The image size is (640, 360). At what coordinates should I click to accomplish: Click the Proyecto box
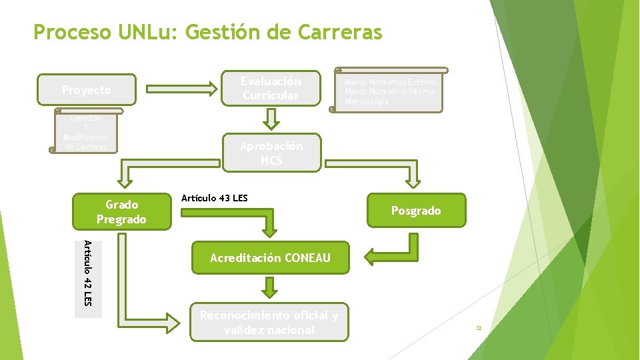(x=87, y=90)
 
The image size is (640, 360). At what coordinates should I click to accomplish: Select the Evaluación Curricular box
(x=271, y=89)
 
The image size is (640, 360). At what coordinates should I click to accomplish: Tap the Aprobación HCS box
(x=271, y=153)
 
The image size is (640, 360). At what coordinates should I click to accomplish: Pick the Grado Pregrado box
(x=121, y=212)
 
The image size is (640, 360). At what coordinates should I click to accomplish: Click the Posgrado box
(x=416, y=211)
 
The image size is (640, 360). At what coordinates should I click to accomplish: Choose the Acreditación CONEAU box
(x=270, y=258)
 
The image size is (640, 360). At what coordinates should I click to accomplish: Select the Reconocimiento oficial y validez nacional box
(x=270, y=323)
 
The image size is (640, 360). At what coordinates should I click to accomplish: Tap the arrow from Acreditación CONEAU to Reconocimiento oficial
(x=269, y=288)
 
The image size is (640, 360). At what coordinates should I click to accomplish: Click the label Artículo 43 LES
(x=214, y=198)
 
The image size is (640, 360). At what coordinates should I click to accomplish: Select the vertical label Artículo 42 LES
(x=88, y=273)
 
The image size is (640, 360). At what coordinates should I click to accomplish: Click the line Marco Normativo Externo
(x=389, y=82)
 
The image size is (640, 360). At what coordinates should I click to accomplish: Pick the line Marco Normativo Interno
(x=389, y=91)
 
